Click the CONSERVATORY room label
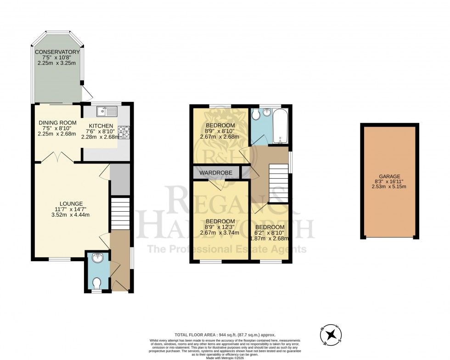click(x=58, y=52)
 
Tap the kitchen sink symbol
click(x=107, y=111)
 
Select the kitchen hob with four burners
click(x=124, y=132)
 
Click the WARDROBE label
click(x=217, y=173)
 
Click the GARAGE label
click(x=389, y=176)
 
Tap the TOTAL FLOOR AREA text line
click(x=225, y=335)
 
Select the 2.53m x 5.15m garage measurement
click(x=389, y=187)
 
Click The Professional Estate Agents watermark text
click(x=226, y=249)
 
